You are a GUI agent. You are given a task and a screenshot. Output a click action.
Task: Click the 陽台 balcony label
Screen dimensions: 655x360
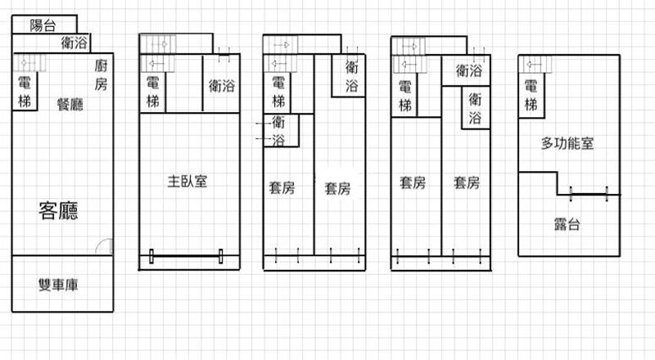(43, 25)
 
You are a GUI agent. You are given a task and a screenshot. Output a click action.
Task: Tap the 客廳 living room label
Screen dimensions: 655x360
(58, 210)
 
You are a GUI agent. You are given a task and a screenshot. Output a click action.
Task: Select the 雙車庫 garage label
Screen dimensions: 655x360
(58, 285)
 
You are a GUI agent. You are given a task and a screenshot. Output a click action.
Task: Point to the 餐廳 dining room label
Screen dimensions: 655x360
(70, 104)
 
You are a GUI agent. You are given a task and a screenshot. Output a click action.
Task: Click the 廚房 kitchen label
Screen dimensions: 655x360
(101, 74)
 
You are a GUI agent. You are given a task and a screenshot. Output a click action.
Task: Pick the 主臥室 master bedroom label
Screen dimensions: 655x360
(187, 182)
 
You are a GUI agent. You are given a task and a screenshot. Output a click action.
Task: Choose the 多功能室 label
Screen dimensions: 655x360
(567, 143)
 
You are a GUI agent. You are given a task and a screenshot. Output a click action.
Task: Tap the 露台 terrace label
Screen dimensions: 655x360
(567, 224)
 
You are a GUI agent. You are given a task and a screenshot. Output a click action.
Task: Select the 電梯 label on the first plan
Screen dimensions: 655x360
(25, 92)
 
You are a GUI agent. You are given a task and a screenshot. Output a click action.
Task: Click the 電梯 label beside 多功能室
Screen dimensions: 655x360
(531, 95)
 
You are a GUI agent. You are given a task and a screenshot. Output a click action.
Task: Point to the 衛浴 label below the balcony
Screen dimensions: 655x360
(75, 43)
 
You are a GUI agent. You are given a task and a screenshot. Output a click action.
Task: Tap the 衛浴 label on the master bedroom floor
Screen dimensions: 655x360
(222, 86)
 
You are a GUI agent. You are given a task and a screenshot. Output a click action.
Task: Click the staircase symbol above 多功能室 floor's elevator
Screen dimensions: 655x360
(535, 65)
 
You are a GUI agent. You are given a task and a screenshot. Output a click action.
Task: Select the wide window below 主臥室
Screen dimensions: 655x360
(186, 256)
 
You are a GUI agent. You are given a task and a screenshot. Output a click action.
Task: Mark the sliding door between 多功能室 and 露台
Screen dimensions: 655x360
(589, 194)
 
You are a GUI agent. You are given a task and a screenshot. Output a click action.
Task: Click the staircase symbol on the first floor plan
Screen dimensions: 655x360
(29, 63)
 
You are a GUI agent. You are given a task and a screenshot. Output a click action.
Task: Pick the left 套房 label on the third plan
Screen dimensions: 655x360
(282, 187)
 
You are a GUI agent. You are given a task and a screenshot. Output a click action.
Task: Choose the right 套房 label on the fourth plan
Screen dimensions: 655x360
(467, 182)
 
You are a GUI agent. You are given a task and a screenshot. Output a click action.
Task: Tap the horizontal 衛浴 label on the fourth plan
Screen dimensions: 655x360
(468, 70)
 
